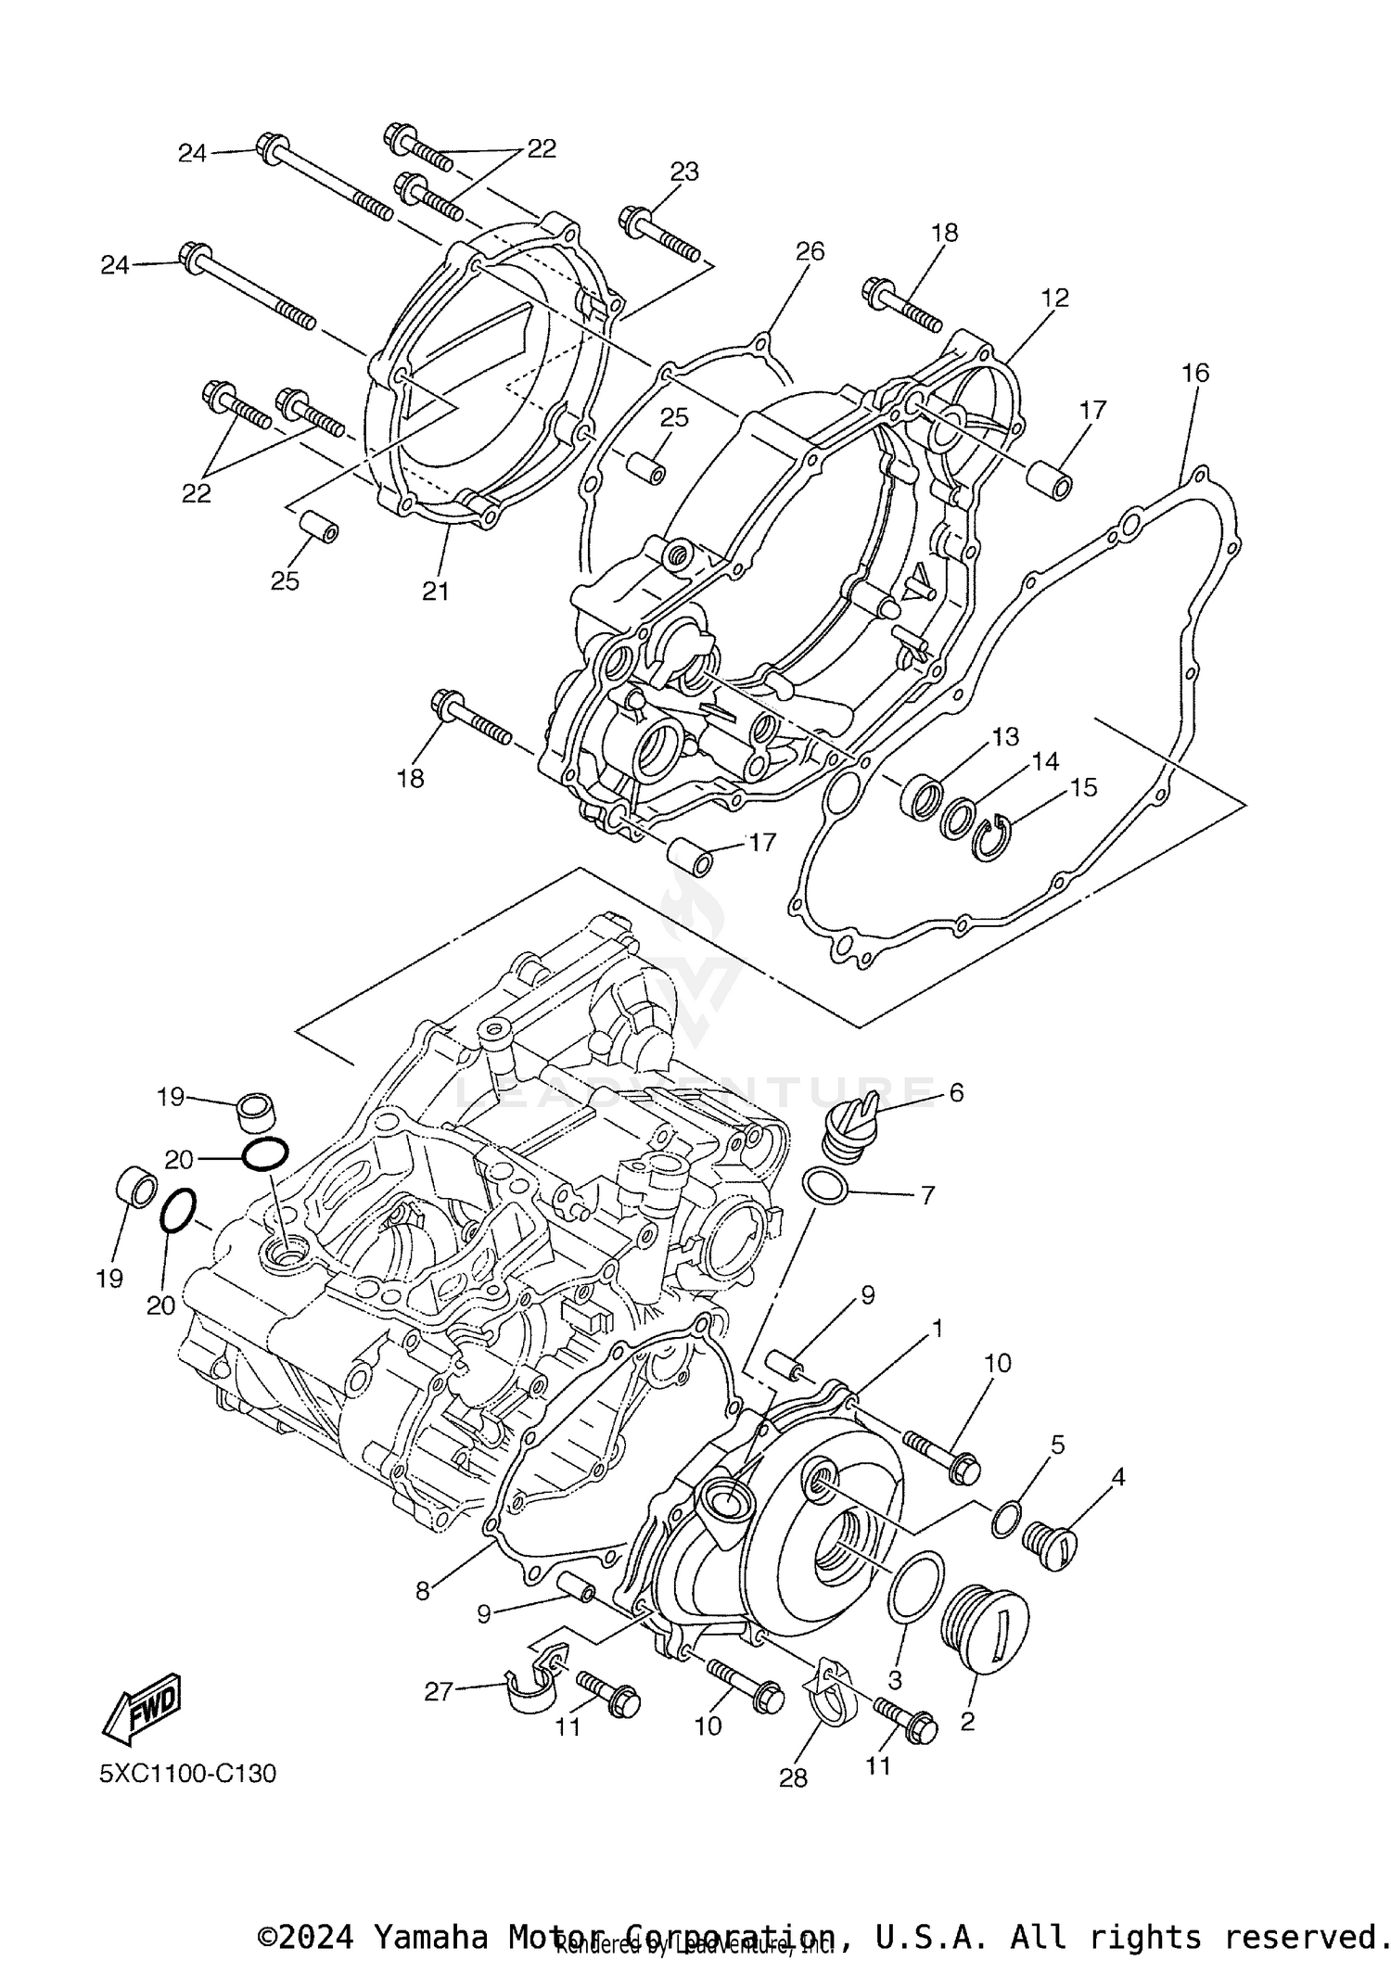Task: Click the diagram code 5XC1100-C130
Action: [188, 1774]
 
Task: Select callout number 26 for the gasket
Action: [810, 252]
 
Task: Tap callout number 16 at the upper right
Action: [1195, 373]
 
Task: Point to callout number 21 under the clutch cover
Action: [436, 591]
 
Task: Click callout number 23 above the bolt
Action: [684, 172]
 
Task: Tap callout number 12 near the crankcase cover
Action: [1054, 298]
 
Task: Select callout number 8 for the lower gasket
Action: [423, 1591]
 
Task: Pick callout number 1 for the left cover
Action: [937, 1330]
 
